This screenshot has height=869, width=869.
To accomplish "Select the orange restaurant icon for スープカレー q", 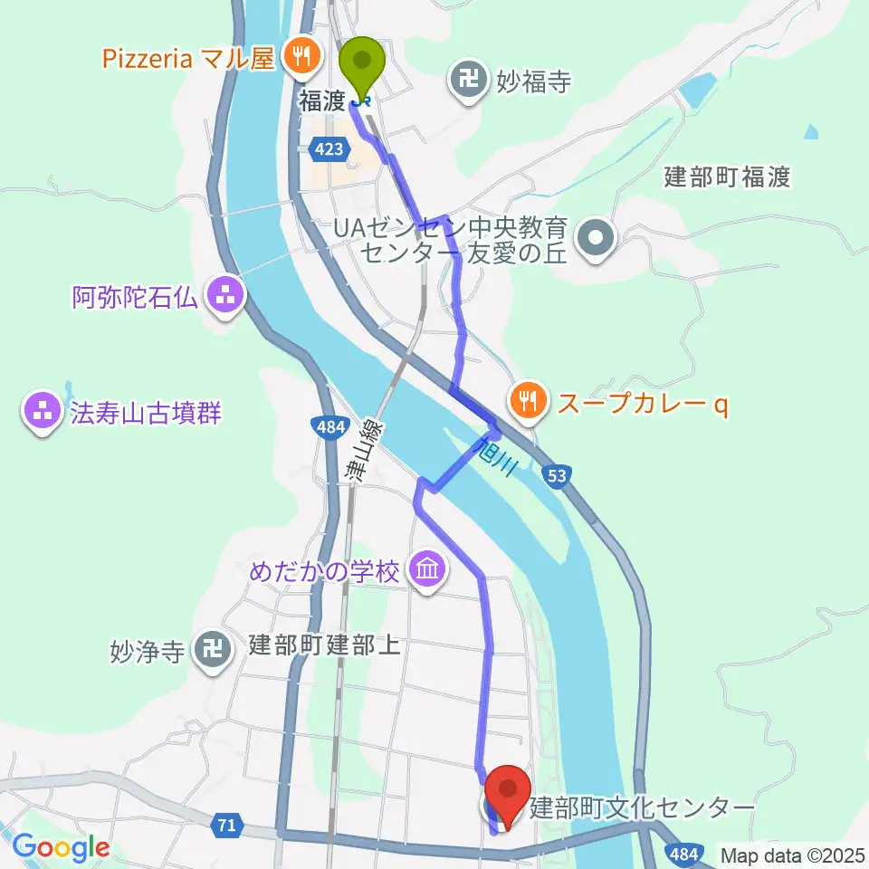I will click(x=528, y=397).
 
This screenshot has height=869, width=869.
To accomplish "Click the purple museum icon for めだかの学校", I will click(x=424, y=571).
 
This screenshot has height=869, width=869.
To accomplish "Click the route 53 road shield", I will click(x=559, y=474).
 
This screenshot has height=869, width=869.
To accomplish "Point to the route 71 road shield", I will click(x=227, y=825).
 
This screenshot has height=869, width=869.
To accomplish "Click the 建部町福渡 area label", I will click(x=727, y=177).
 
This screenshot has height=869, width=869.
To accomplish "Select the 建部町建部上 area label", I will click(x=323, y=647).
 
